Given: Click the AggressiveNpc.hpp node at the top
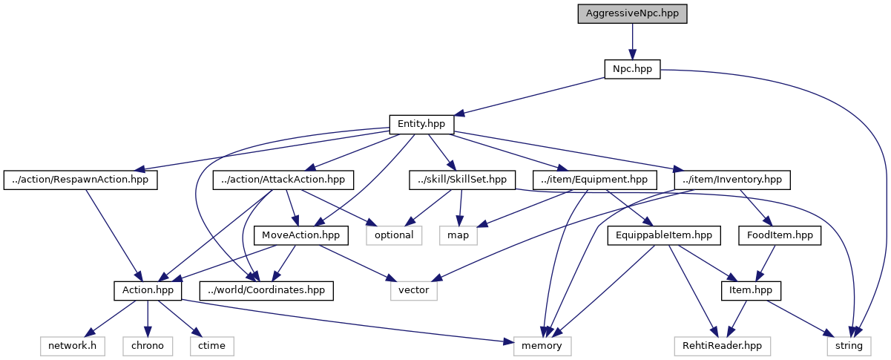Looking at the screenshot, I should pos(632,14).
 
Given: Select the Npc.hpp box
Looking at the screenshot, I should pos(632,69).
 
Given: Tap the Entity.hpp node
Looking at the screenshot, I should pos(421,124).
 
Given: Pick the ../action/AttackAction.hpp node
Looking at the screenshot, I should pos(283,180).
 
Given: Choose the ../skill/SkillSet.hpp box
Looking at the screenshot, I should pos(461,180).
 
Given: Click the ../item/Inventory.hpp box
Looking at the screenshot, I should pos(731,180).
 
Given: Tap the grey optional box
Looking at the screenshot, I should pos(394,235).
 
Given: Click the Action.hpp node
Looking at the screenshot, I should pos(148,290).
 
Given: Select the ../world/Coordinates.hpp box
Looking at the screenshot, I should pos(266,290).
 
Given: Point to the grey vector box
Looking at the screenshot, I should pos(414,290).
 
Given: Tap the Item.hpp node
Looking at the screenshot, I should pos(751,290).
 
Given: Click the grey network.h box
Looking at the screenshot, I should pos(73,345).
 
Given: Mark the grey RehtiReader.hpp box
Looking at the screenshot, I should pos(722,345).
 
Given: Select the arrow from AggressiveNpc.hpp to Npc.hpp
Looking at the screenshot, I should pos(632,42).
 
